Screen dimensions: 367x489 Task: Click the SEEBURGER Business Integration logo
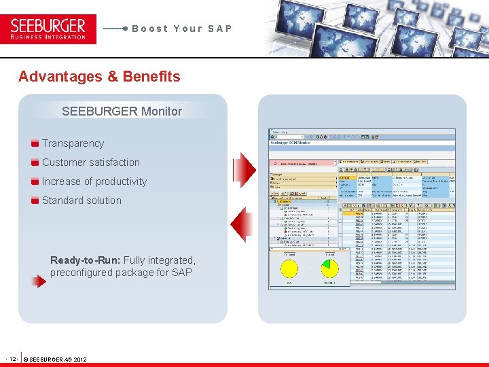[48, 29]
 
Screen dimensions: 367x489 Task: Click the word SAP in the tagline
[220, 29]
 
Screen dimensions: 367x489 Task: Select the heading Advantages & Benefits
[99, 76]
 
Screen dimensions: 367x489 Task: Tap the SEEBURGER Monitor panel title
[122, 111]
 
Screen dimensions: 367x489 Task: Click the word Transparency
[73, 143]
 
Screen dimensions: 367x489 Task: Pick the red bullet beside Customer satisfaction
[35, 162]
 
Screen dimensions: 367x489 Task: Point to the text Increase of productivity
[94, 181]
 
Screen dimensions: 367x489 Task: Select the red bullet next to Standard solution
[35, 200]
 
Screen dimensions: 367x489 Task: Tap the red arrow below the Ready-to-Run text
[39, 280]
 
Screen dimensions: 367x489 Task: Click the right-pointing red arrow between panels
[244, 167]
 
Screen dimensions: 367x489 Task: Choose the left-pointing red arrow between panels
[242, 224]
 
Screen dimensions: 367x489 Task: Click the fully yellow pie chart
[289, 267]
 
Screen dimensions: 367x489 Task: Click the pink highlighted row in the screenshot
[303, 164]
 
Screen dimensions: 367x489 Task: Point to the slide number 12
[12, 358]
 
